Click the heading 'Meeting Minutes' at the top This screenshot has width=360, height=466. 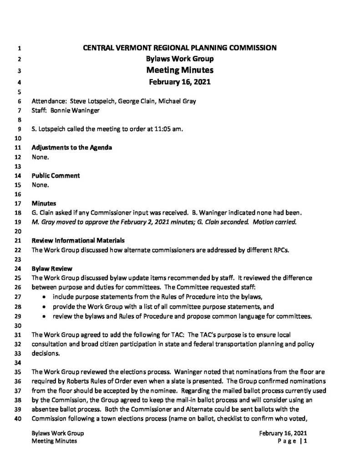tap(180, 71)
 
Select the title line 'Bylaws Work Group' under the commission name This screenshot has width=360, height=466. tap(180, 59)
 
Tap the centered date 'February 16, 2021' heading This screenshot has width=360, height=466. tap(180, 82)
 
